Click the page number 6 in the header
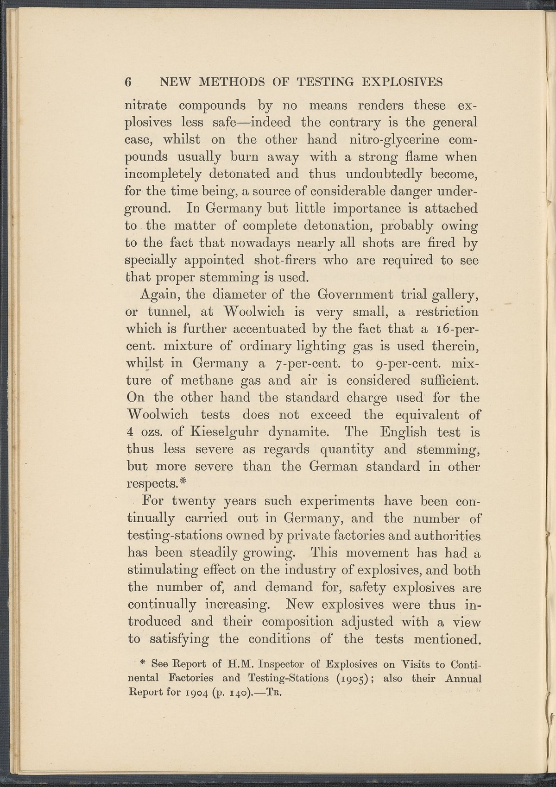click(x=129, y=82)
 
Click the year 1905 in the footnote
click(x=350, y=679)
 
